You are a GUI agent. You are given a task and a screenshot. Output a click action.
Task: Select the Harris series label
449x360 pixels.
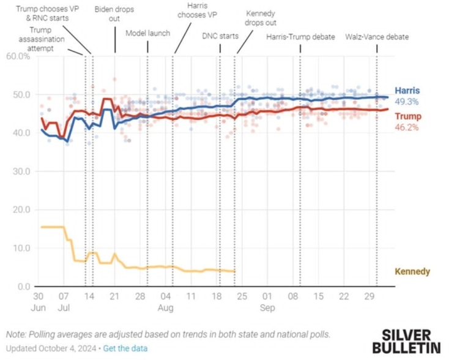click(407, 91)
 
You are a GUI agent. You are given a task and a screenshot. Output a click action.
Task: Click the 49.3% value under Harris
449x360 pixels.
click(407, 101)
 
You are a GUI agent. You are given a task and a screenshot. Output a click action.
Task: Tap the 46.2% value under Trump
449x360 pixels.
click(406, 127)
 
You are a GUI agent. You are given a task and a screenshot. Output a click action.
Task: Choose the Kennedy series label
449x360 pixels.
click(412, 272)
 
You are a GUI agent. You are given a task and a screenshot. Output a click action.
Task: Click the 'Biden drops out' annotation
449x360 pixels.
click(115, 14)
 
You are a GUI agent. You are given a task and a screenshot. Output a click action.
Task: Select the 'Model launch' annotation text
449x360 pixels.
click(147, 33)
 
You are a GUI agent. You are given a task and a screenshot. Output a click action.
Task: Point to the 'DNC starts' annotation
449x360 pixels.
click(220, 37)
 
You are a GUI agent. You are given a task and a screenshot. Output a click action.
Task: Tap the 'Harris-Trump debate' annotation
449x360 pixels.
click(300, 37)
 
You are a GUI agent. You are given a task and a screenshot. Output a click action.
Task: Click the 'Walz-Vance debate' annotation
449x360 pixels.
click(377, 37)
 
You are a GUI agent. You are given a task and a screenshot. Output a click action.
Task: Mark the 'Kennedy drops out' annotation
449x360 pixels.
click(259, 18)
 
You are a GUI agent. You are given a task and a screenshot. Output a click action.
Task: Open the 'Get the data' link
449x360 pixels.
click(125, 348)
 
